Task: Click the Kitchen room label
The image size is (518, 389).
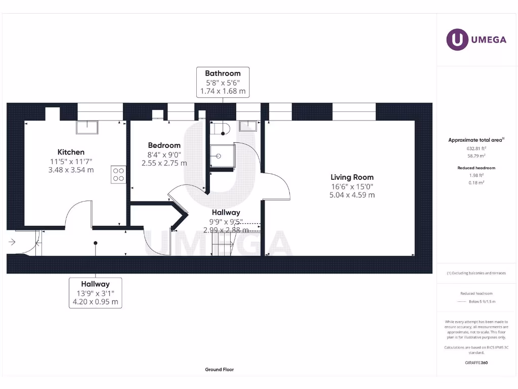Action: [71, 152]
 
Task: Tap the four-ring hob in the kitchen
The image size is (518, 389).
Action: [118, 175]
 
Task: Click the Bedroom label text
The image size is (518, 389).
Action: [164, 145]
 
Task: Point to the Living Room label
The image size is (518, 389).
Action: [352, 177]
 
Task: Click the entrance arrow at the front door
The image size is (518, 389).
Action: [13, 242]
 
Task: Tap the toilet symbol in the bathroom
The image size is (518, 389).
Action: [222, 129]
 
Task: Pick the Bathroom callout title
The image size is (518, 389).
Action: [223, 73]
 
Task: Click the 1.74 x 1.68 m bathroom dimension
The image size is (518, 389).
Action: [223, 91]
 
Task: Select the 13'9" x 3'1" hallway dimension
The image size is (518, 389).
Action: [95, 293]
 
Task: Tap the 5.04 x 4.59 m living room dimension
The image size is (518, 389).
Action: [352, 194]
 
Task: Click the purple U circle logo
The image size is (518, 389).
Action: [457, 40]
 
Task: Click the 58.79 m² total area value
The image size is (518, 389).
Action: [476, 157]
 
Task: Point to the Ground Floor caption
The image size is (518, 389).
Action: [220, 370]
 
